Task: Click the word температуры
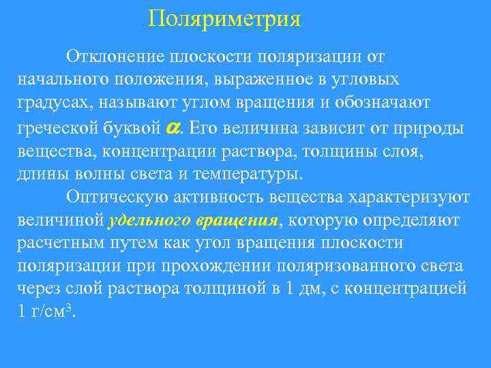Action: (x=248, y=173)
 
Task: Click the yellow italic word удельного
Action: (x=149, y=221)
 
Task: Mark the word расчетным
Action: (x=59, y=243)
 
